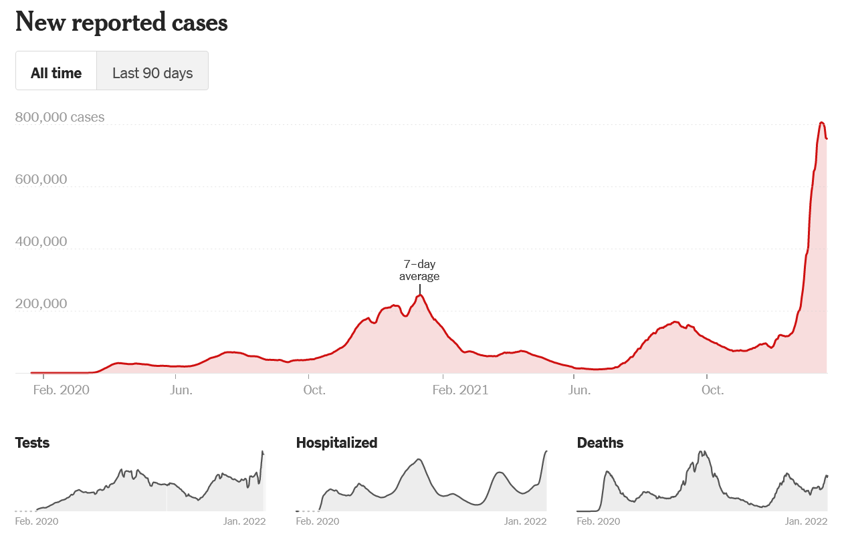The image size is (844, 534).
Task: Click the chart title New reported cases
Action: pos(121,23)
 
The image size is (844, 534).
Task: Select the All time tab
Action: pos(56,73)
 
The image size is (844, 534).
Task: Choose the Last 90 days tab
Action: pos(152,73)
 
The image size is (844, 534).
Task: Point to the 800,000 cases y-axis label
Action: pos(60,117)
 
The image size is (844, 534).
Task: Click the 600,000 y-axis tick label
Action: pos(41,179)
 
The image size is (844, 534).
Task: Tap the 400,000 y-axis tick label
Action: pos(41,241)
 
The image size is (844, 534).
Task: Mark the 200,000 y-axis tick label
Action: pos(41,303)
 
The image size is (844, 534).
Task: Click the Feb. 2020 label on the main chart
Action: pos(61,390)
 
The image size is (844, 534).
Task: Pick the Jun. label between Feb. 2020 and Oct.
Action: pos(182,390)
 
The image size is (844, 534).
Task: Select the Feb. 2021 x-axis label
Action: pos(461,390)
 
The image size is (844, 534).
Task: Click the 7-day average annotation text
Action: pos(419,270)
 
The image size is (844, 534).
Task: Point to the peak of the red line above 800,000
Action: pos(822,122)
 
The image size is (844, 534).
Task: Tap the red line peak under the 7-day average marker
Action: pos(420,295)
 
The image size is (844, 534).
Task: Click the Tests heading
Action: pos(32,442)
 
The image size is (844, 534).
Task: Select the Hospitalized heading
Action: pos(336,442)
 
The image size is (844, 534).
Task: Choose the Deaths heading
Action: pos(600,442)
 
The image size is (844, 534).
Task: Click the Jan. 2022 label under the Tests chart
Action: pos(244,521)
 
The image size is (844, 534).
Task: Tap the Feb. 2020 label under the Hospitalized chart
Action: pos(317,521)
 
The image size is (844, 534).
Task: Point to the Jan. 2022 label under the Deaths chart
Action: pos(806,521)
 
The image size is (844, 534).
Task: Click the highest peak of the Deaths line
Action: pos(702,452)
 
